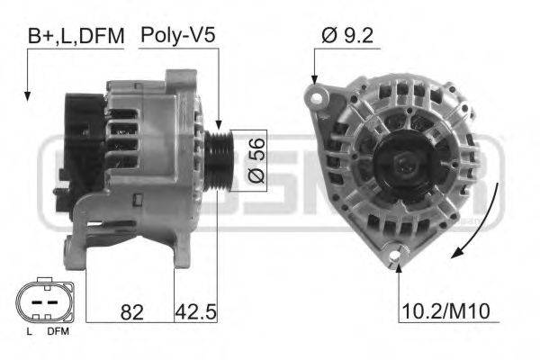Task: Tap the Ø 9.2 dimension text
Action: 346,36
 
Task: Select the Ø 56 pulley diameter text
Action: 255,162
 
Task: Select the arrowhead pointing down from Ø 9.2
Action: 314,81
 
